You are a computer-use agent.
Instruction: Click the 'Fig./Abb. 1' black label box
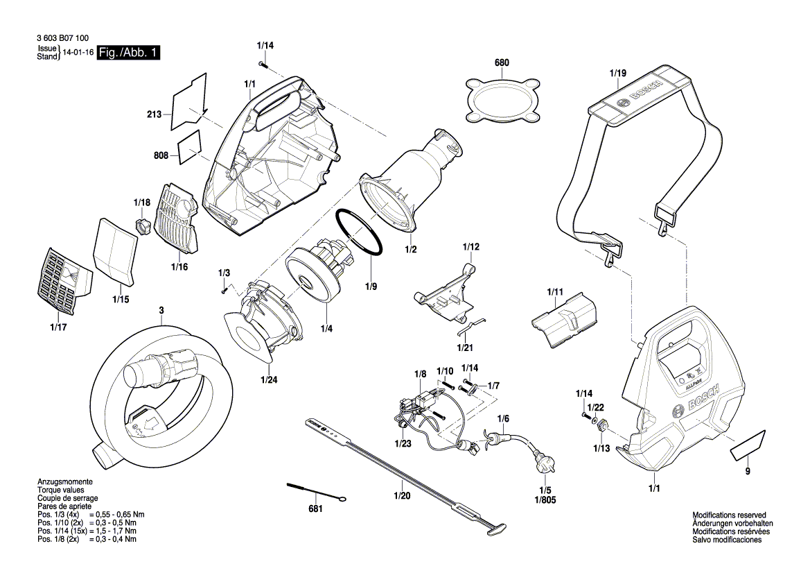point(128,53)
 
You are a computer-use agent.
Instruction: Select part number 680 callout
point(502,63)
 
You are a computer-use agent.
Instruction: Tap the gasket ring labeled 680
point(502,100)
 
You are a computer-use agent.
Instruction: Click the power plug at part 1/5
point(540,459)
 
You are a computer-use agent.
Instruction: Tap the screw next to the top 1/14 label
point(264,64)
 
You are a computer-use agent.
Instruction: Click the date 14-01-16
point(78,53)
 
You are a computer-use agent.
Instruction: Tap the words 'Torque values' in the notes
point(58,490)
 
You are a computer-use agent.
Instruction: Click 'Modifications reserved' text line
point(728,515)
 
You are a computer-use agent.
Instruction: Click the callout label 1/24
point(270,379)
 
